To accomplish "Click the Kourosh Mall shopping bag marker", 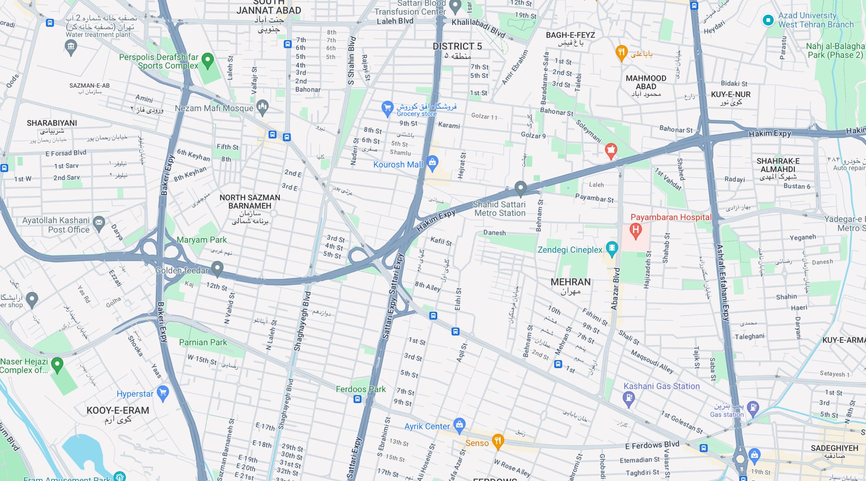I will [x=432, y=162].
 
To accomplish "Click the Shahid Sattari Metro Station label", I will [x=499, y=209].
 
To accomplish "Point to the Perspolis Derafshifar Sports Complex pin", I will [x=207, y=60].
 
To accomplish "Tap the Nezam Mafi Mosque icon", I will [x=263, y=107].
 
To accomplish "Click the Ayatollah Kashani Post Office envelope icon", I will [x=99, y=222].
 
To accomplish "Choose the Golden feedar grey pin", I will [x=217, y=268].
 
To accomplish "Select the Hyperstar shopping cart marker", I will [x=163, y=393].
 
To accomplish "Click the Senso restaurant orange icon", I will [x=498, y=440].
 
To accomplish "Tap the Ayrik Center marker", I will [x=459, y=425].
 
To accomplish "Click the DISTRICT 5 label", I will [x=457, y=46].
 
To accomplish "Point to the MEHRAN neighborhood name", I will [x=570, y=282].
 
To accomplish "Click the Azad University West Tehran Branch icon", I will [x=768, y=20].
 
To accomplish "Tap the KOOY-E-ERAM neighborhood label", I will [x=118, y=410].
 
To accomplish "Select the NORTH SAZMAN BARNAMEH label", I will [x=250, y=202].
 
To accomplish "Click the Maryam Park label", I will [x=201, y=240].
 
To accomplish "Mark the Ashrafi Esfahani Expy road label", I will [x=722, y=284].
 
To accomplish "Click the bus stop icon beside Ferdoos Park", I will [x=357, y=399].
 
